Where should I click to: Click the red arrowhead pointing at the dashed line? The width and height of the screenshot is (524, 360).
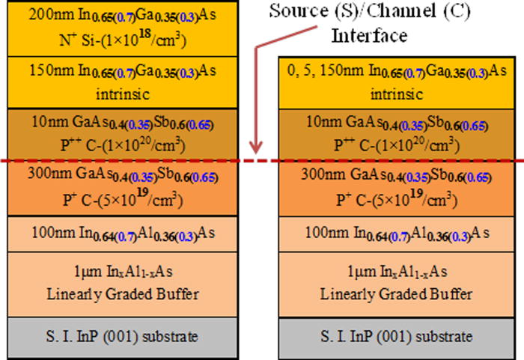tap(256, 147)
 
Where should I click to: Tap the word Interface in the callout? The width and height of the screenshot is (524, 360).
tap(369, 35)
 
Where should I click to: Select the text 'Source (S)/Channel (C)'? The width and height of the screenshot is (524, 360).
tap(370, 10)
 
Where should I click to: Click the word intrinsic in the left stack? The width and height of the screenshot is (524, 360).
tap(123, 94)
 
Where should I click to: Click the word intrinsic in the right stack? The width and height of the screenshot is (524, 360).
tap(397, 94)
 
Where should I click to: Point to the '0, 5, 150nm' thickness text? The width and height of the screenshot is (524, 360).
tap(325, 70)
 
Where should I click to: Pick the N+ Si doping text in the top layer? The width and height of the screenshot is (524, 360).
tap(123, 40)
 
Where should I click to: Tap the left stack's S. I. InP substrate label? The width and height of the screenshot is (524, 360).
tap(122, 336)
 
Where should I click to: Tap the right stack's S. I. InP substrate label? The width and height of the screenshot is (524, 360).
tap(396, 336)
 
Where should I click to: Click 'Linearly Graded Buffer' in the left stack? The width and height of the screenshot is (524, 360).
tap(123, 294)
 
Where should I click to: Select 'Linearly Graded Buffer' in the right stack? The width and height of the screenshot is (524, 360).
tap(396, 294)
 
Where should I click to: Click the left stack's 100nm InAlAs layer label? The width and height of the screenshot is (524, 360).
tap(123, 234)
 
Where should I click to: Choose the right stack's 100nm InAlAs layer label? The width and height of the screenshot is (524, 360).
tap(397, 234)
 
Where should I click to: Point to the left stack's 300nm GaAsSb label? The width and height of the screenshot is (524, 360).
tap(123, 174)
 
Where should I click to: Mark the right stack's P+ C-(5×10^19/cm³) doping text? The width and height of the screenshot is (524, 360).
tap(397, 199)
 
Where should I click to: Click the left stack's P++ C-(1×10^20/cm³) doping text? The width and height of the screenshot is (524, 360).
tap(123, 144)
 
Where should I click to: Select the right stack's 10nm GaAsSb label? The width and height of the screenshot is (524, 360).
tap(397, 123)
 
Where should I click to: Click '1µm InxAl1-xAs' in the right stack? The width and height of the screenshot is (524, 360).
tap(397, 272)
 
